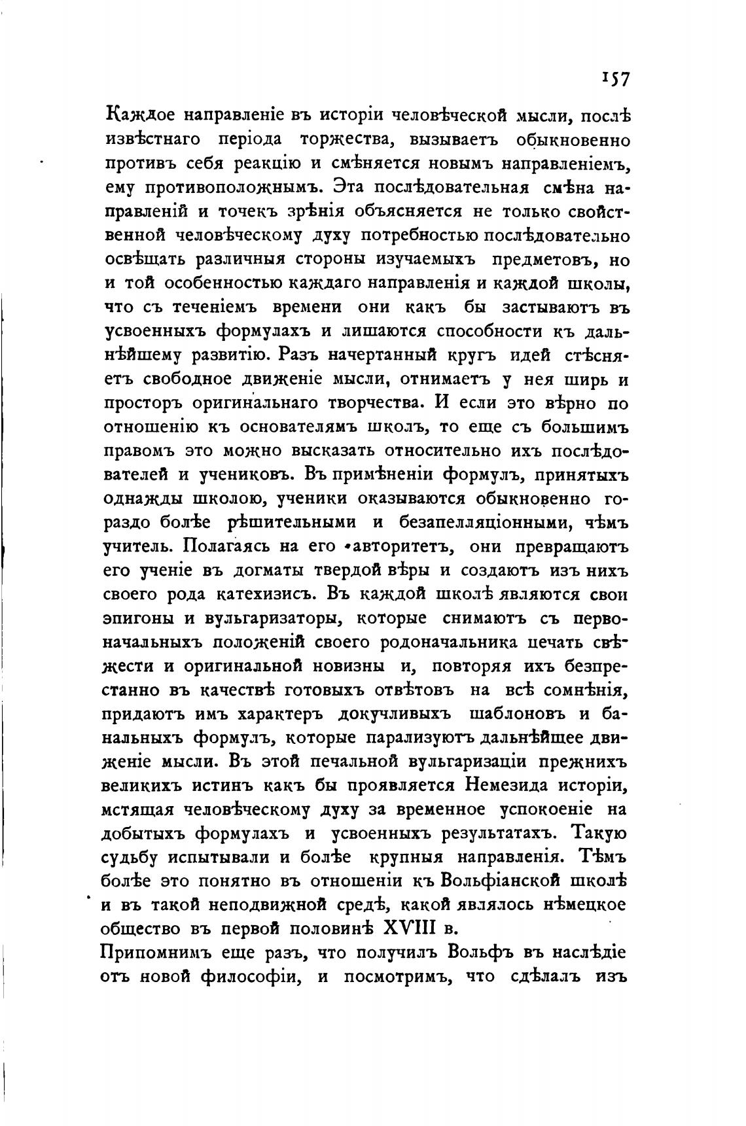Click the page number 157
click(x=614, y=79)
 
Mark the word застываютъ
click(x=550, y=307)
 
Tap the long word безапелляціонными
click(x=488, y=522)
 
